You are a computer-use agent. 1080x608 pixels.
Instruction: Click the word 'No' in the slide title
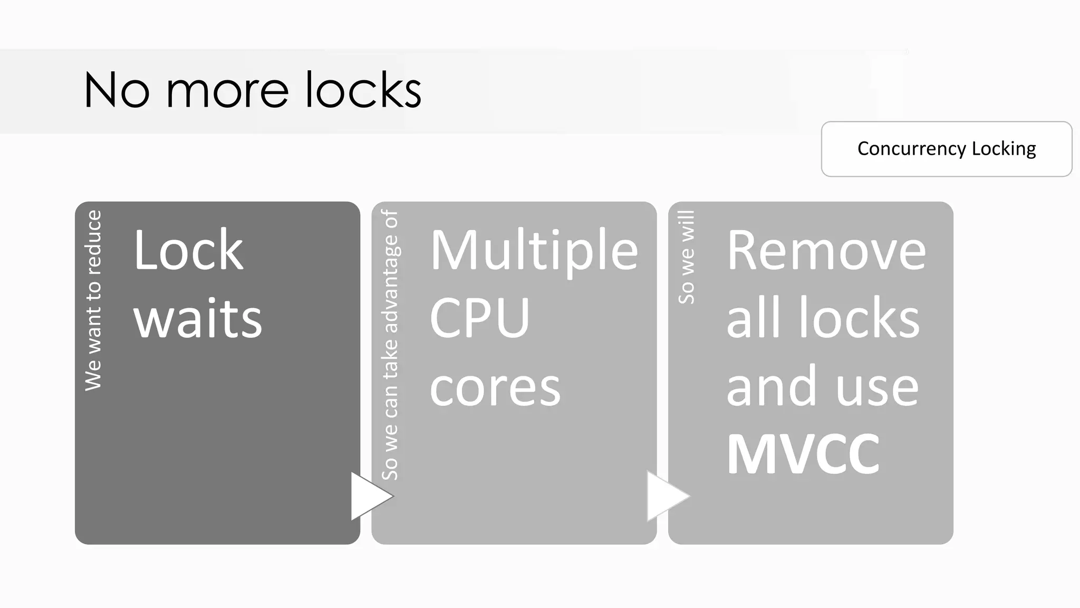pos(117,90)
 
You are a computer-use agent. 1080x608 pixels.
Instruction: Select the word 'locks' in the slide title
pos(363,90)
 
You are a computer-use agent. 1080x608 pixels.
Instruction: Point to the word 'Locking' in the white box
pos(1004,149)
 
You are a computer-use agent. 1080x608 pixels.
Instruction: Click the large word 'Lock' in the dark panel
pos(188,250)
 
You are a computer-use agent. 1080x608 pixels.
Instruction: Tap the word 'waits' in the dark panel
pos(198,319)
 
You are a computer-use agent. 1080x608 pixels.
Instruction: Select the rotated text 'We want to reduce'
pos(93,300)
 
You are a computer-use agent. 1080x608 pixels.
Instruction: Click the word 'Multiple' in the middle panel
pos(534,250)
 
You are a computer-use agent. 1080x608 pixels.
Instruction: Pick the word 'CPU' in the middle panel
pos(479,319)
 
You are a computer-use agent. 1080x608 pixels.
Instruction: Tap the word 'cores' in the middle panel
pos(495,387)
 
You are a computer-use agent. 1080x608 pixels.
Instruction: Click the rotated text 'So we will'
pos(687,257)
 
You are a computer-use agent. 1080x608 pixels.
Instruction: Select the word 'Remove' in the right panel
pos(826,250)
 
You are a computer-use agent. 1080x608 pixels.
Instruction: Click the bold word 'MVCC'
pos(803,454)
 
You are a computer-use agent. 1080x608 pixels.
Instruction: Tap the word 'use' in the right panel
pos(877,387)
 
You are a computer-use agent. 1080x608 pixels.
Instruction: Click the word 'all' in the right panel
pos(753,319)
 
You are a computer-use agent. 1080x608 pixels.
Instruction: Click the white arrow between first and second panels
pos(369,496)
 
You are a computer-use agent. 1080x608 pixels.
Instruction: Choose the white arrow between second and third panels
pos(666,496)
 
